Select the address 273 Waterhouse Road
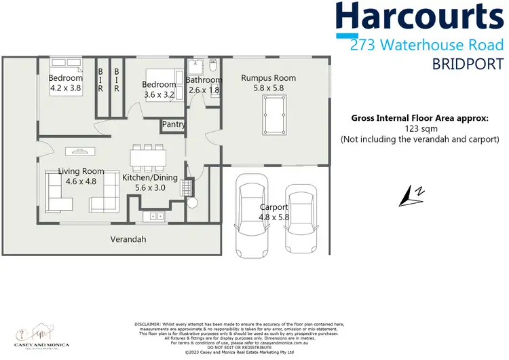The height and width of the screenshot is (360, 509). point(427,46)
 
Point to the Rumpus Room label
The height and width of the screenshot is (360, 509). point(269,78)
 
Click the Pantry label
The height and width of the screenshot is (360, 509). point(173,125)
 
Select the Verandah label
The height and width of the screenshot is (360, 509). point(129,239)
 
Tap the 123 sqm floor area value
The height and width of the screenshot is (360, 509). point(419,128)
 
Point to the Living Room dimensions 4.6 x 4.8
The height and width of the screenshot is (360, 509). point(81,182)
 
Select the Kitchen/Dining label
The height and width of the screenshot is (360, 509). point(150,177)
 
